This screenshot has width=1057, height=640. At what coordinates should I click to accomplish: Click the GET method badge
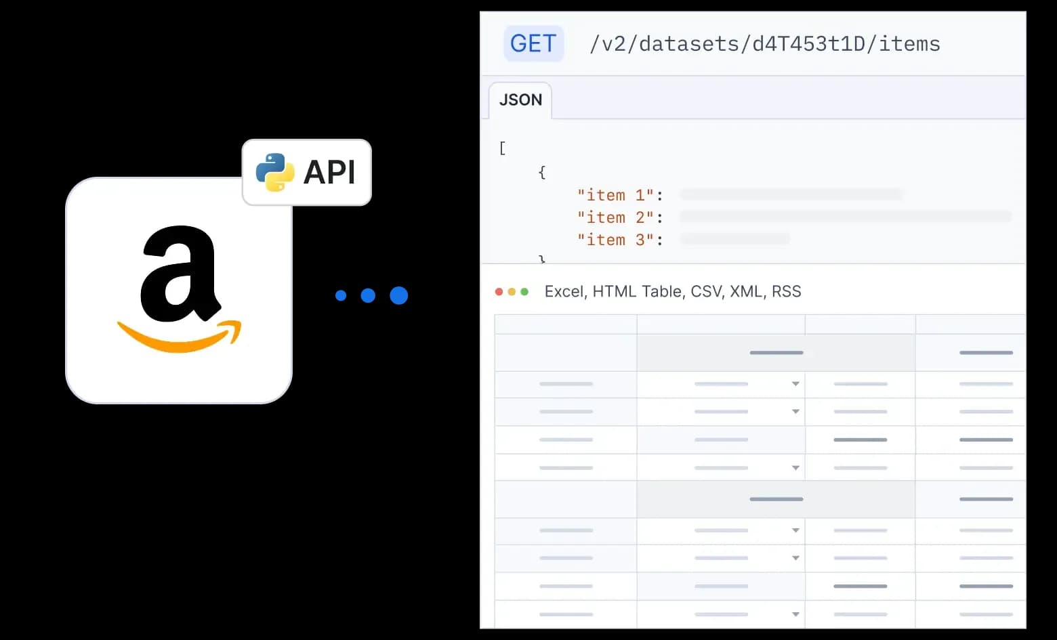tap(533, 44)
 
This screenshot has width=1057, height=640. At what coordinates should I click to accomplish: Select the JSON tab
tap(520, 100)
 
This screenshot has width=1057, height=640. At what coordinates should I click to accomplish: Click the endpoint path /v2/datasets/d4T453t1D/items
tap(764, 44)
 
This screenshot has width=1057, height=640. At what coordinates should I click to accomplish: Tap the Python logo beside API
tap(274, 172)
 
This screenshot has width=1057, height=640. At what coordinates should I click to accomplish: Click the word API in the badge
tap(329, 172)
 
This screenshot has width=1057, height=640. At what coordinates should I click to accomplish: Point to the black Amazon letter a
tap(179, 274)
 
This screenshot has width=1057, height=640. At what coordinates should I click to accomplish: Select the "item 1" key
tap(615, 195)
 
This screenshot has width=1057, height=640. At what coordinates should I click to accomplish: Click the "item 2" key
tap(615, 217)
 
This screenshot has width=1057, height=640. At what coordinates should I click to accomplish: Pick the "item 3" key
tap(615, 240)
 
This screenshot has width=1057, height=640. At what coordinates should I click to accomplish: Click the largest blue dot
tap(399, 295)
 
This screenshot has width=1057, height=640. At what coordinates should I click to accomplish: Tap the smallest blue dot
tap(341, 295)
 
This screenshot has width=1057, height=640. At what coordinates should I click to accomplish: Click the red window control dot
tap(499, 292)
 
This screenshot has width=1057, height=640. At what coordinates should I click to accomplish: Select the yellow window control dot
tap(512, 292)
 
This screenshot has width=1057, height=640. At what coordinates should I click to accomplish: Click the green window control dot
tap(524, 292)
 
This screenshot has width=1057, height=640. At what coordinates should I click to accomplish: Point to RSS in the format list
tap(786, 292)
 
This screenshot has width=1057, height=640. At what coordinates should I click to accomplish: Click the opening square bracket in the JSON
tap(502, 148)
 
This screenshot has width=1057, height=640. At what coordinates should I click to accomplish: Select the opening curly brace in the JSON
tap(541, 173)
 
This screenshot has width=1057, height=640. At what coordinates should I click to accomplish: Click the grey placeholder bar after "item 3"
tap(735, 239)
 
